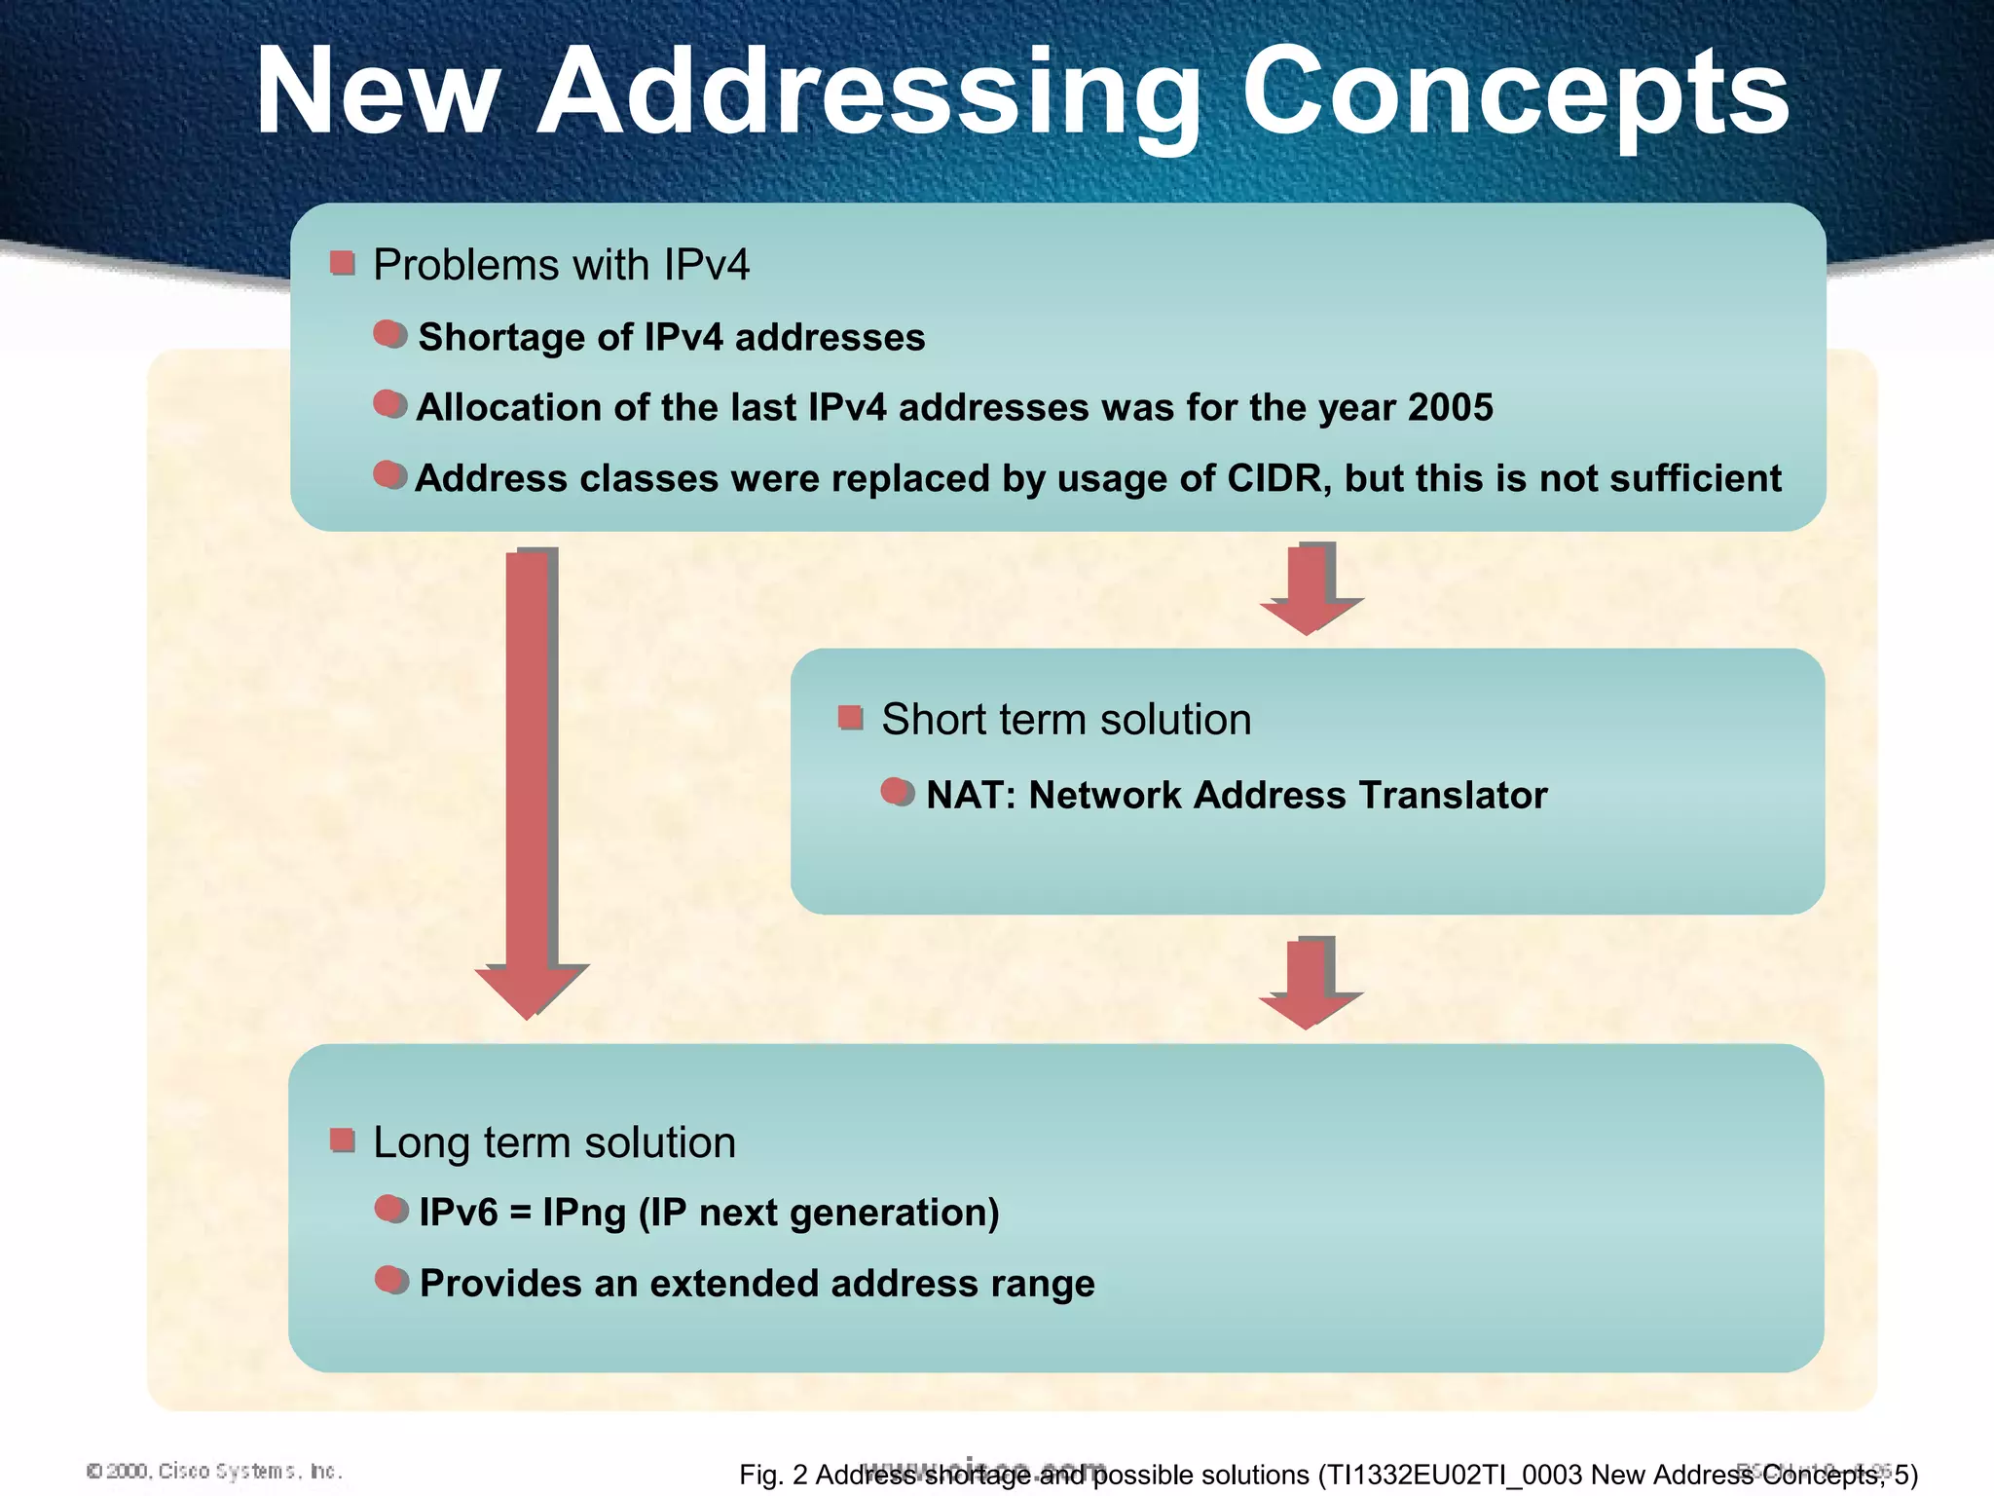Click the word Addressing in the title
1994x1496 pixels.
coord(867,93)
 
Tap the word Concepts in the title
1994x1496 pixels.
coord(1514,93)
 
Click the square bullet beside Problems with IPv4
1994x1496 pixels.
coord(342,263)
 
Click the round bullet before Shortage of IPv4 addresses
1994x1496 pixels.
coord(389,335)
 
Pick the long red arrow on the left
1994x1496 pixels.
coord(530,779)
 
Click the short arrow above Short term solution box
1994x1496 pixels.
coord(1310,589)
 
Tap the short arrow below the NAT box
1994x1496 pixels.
coord(1310,982)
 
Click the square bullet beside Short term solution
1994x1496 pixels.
coord(850,719)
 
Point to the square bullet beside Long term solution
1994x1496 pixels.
coord(342,1141)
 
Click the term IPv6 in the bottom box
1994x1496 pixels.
coord(458,1213)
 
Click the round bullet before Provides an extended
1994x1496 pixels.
coord(391,1281)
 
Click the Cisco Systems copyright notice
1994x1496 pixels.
coord(214,1471)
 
